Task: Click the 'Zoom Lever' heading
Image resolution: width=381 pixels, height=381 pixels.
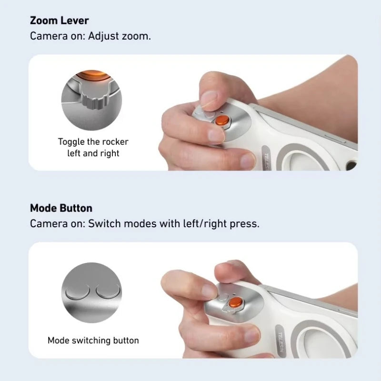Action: [x=59, y=20]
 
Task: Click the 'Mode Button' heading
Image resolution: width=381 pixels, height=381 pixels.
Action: [x=61, y=208]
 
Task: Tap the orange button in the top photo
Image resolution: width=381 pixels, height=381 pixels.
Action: [x=222, y=120]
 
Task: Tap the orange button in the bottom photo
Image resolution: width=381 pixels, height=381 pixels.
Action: [x=236, y=302]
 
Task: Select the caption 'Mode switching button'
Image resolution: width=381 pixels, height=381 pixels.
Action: [x=93, y=341]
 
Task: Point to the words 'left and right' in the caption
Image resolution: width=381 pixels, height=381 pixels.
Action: [x=93, y=153]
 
